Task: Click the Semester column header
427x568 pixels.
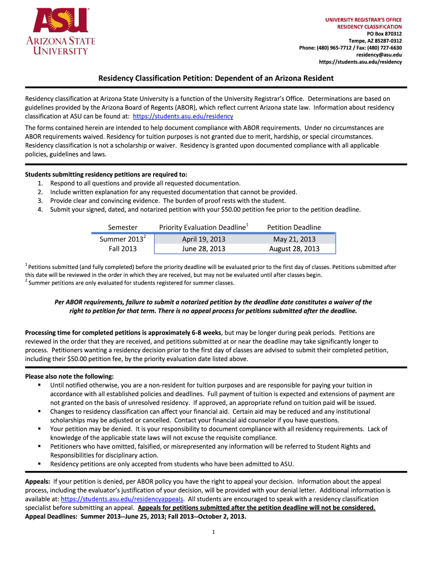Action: coord(123,227)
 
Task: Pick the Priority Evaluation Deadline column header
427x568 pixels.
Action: coord(203,227)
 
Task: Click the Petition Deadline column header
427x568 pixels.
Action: coord(294,227)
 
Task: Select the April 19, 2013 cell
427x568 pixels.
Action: coord(204,239)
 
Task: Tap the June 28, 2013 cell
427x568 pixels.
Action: coord(204,248)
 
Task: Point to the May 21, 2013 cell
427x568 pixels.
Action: coord(294,239)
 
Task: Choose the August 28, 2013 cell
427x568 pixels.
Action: coord(294,248)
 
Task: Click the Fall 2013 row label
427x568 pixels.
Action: coord(123,248)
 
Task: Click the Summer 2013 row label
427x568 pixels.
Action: coord(121,239)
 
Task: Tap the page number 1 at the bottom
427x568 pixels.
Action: coord(213,533)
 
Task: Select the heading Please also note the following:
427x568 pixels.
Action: coord(69,376)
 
